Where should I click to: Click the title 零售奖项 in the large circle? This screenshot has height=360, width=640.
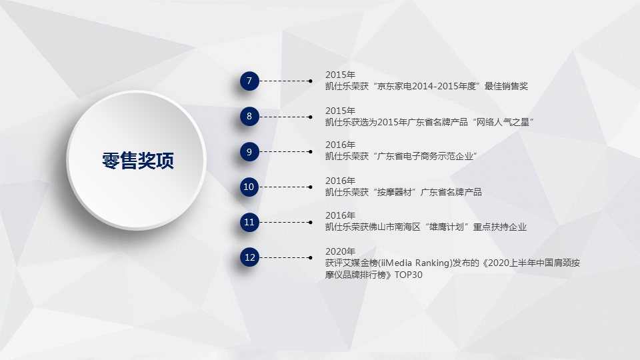(138, 161)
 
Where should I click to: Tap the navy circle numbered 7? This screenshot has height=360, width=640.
(249, 81)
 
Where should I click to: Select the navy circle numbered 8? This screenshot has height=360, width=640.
(249, 116)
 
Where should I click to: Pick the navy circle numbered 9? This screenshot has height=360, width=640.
(249, 152)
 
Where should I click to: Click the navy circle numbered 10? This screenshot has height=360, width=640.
(249, 187)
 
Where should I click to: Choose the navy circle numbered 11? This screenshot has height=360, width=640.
(249, 222)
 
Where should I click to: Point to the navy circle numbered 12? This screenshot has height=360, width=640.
(249, 257)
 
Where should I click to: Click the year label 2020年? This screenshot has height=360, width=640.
(340, 251)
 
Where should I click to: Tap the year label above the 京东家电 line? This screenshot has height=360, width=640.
(340, 75)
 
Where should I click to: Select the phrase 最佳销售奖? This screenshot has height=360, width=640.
(506, 86)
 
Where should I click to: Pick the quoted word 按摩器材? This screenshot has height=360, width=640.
(395, 192)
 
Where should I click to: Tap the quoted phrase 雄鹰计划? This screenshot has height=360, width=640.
(446, 227)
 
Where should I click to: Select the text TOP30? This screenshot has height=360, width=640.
(408, 275)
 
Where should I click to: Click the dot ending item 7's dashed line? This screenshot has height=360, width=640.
(311, 81)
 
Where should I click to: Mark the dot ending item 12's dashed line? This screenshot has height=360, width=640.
(311, 257)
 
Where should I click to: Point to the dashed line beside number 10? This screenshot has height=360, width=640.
(285, 187)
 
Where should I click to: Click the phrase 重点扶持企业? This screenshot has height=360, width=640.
(499, 227)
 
